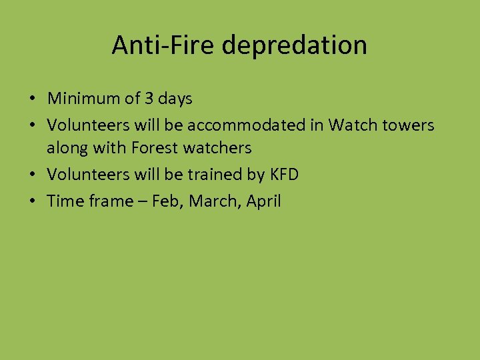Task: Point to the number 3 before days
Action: pos(149,99)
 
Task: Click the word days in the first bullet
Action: pos(175,99)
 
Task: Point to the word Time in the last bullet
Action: pos(65,201)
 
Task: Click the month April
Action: pos(264,201)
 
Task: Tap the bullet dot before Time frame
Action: pos(32,201)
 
